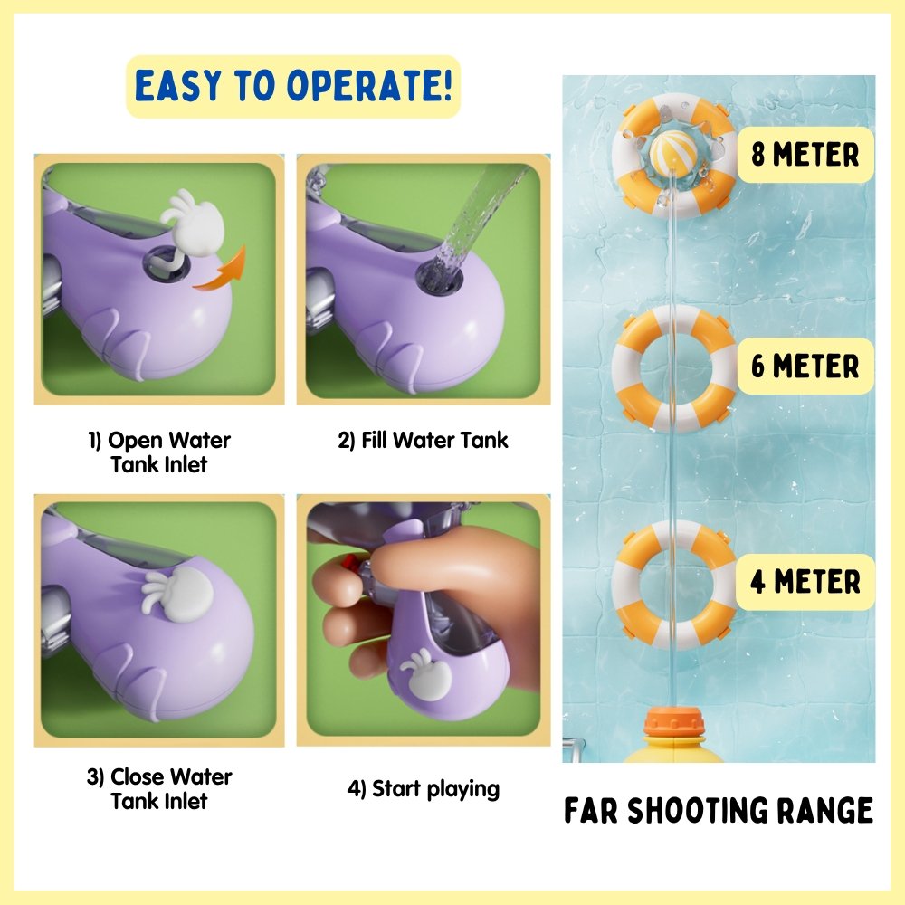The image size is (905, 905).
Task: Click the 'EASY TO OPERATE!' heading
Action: coord(293,86)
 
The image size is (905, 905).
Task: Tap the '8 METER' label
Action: coord(805,155)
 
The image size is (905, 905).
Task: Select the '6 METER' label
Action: coord(805,366)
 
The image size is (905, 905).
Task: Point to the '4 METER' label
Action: coord(805,582)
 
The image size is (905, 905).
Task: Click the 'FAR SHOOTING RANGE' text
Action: coord(718,810)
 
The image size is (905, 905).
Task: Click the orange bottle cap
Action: coord(674,721)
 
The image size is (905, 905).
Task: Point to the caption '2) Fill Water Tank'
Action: coord(423,441)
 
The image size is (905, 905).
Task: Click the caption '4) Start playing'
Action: coord(423,789)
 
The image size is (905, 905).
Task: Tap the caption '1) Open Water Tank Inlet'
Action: coord(159,452)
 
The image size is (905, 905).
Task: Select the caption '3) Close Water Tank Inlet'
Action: coord(159,788)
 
